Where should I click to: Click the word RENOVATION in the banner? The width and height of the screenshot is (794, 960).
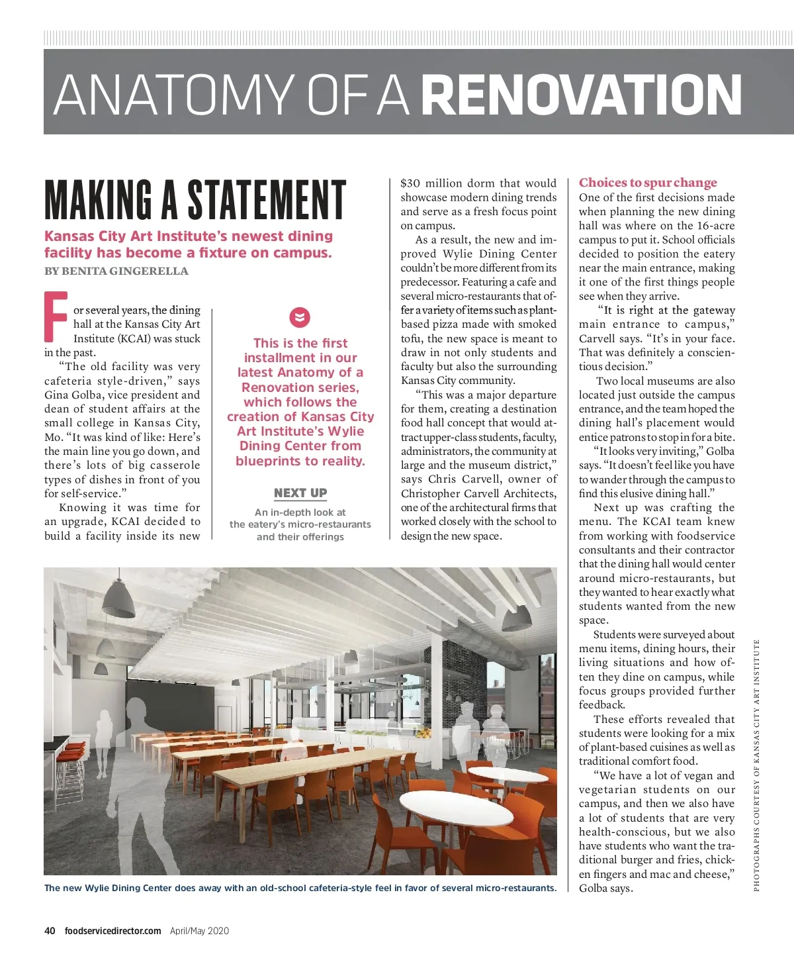click(581, 94)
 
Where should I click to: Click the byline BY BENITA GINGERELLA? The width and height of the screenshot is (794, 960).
click(116, 271)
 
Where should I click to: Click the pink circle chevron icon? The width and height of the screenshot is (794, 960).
click(300, 317)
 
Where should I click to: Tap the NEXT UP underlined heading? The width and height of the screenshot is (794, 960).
click(300, 493)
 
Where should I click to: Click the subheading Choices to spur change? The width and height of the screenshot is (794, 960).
click(648, 183)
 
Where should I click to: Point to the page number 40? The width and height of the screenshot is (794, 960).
click(50, 930)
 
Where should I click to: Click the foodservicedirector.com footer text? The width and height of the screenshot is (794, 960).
click(112, 930)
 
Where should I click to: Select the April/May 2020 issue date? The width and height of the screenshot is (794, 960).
click(199, 930)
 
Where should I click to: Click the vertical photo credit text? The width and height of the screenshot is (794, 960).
click(756, 765)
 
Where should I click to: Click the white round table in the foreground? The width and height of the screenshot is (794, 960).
click(457, 808)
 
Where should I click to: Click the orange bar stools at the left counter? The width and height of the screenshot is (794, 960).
click(71, 761)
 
